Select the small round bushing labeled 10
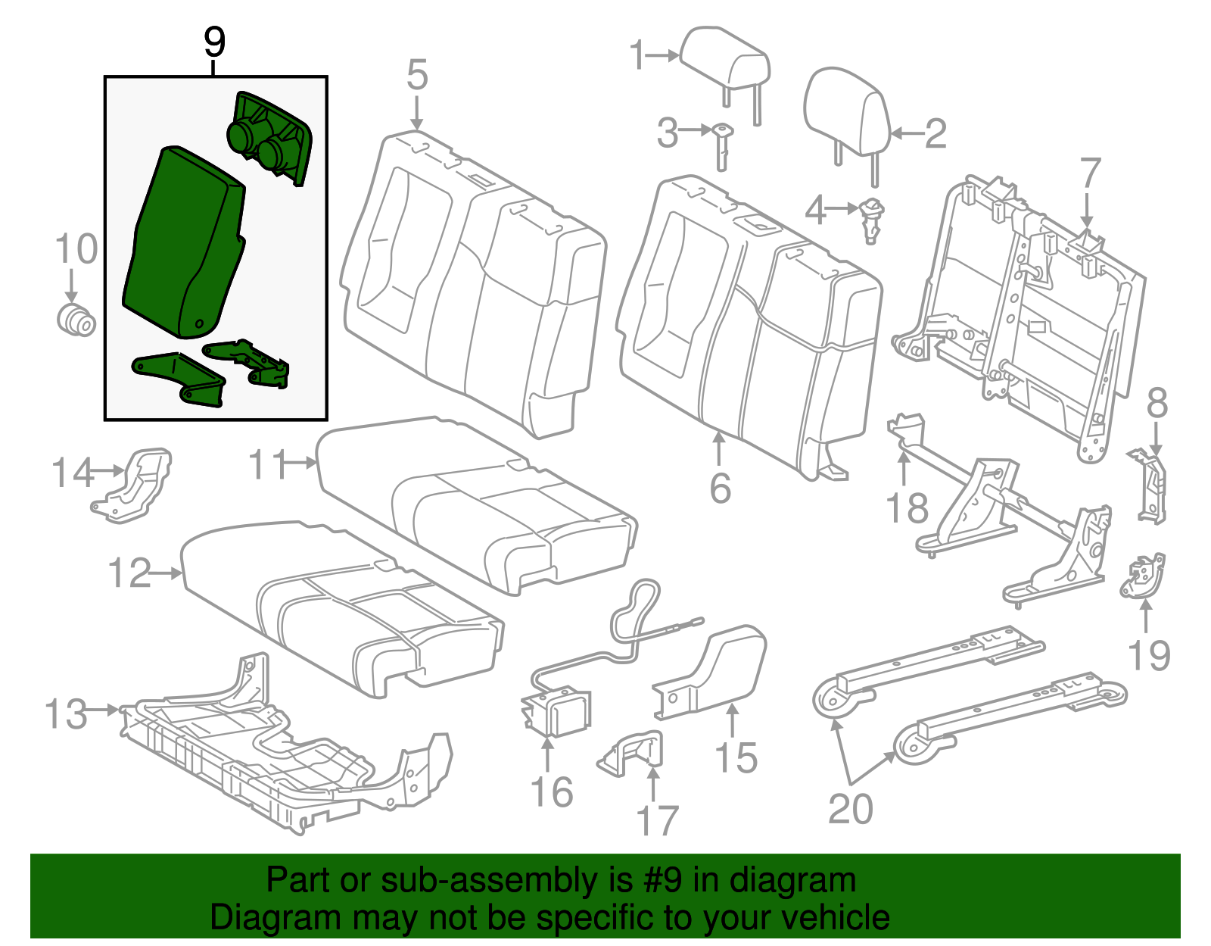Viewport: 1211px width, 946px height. tap(76, 320)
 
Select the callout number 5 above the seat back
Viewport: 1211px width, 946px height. tap(417, 76)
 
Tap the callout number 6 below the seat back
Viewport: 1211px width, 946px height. tap(720, 489)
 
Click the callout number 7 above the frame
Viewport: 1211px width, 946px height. tap(1089, 175)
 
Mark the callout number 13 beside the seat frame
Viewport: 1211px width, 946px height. tap(66, 713)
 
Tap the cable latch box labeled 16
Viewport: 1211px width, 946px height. tap(559, 712)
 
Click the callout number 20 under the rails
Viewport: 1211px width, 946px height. tap(850, 809)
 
